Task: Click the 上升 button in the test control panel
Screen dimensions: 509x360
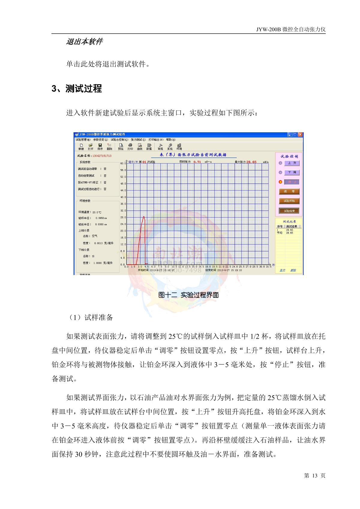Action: click(292, 163)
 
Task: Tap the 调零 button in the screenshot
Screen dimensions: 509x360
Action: click(289, 191)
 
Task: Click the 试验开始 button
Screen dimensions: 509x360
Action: click(289, 201)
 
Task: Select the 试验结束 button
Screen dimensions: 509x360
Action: click(289, 211)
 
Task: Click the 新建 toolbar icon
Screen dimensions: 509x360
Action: click(81, 146)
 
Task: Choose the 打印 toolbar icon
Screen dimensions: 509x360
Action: click(130, 146)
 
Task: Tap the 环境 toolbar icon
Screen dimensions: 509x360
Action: click(179, 146)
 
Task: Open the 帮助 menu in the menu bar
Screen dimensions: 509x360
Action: click(171, 139)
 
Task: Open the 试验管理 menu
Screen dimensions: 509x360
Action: click(82, 139)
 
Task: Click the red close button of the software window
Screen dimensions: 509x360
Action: click(300, 135)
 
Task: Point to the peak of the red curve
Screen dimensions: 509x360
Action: click(144, 217)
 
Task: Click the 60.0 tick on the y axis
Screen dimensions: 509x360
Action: click(123, 163)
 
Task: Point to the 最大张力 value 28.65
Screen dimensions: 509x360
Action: click(251, 162)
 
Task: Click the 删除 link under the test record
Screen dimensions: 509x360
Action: click(293, 270)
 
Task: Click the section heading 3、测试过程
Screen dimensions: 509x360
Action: click(77, 89)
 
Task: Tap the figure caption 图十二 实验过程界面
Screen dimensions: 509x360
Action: click(188, 295)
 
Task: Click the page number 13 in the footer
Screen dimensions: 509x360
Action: click(315, 476)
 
